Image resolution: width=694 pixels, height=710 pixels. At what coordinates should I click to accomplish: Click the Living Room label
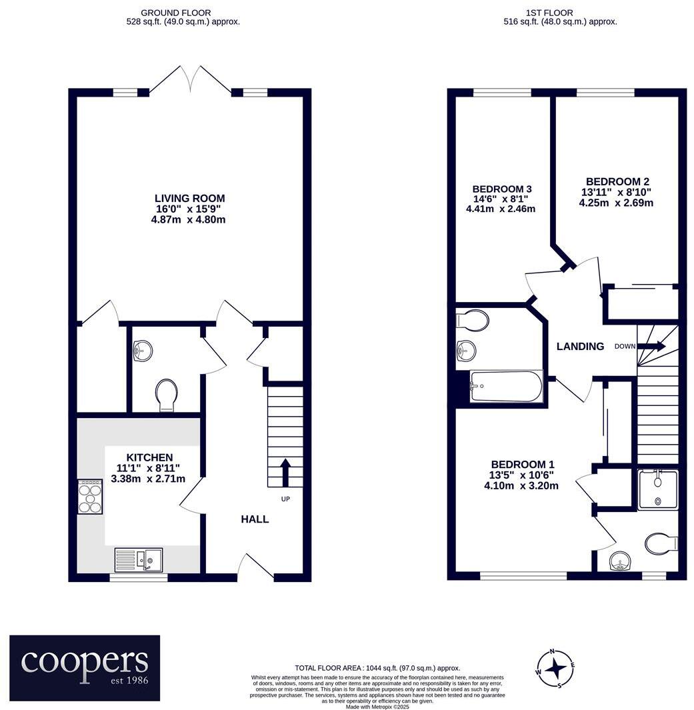[x=189, y=198]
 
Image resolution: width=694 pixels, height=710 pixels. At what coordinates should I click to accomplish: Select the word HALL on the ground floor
[x=255, y=519]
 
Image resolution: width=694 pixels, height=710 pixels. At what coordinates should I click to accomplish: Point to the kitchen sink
[x=138, y=559]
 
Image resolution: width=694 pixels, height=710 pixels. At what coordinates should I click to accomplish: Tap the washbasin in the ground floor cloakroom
[x=143, y=349]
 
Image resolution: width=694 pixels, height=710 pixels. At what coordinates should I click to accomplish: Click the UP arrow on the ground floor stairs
[x=286, y=472]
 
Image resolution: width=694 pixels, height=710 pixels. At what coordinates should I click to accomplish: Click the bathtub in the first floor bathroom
[x=506, y=387]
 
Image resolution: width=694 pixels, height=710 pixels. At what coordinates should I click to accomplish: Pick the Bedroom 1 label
[x=522, y=465]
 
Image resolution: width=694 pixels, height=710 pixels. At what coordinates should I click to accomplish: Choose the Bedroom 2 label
[x=617, y=181]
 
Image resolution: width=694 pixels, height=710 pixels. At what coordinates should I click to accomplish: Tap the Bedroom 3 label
[x=501, y=189]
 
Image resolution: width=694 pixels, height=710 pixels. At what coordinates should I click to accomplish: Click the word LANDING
[x=581, y=346]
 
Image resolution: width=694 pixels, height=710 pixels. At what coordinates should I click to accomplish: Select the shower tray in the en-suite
[x=657, y=489]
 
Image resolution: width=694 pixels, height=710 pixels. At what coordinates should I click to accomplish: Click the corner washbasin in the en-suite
[x=621, y=563]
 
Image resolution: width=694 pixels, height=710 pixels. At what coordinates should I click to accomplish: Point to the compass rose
[x=553, y=667]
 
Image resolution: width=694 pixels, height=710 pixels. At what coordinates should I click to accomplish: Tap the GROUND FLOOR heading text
[x=177, y=13]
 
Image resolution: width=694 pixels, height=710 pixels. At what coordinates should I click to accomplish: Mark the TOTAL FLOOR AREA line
[x=377, y=667]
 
